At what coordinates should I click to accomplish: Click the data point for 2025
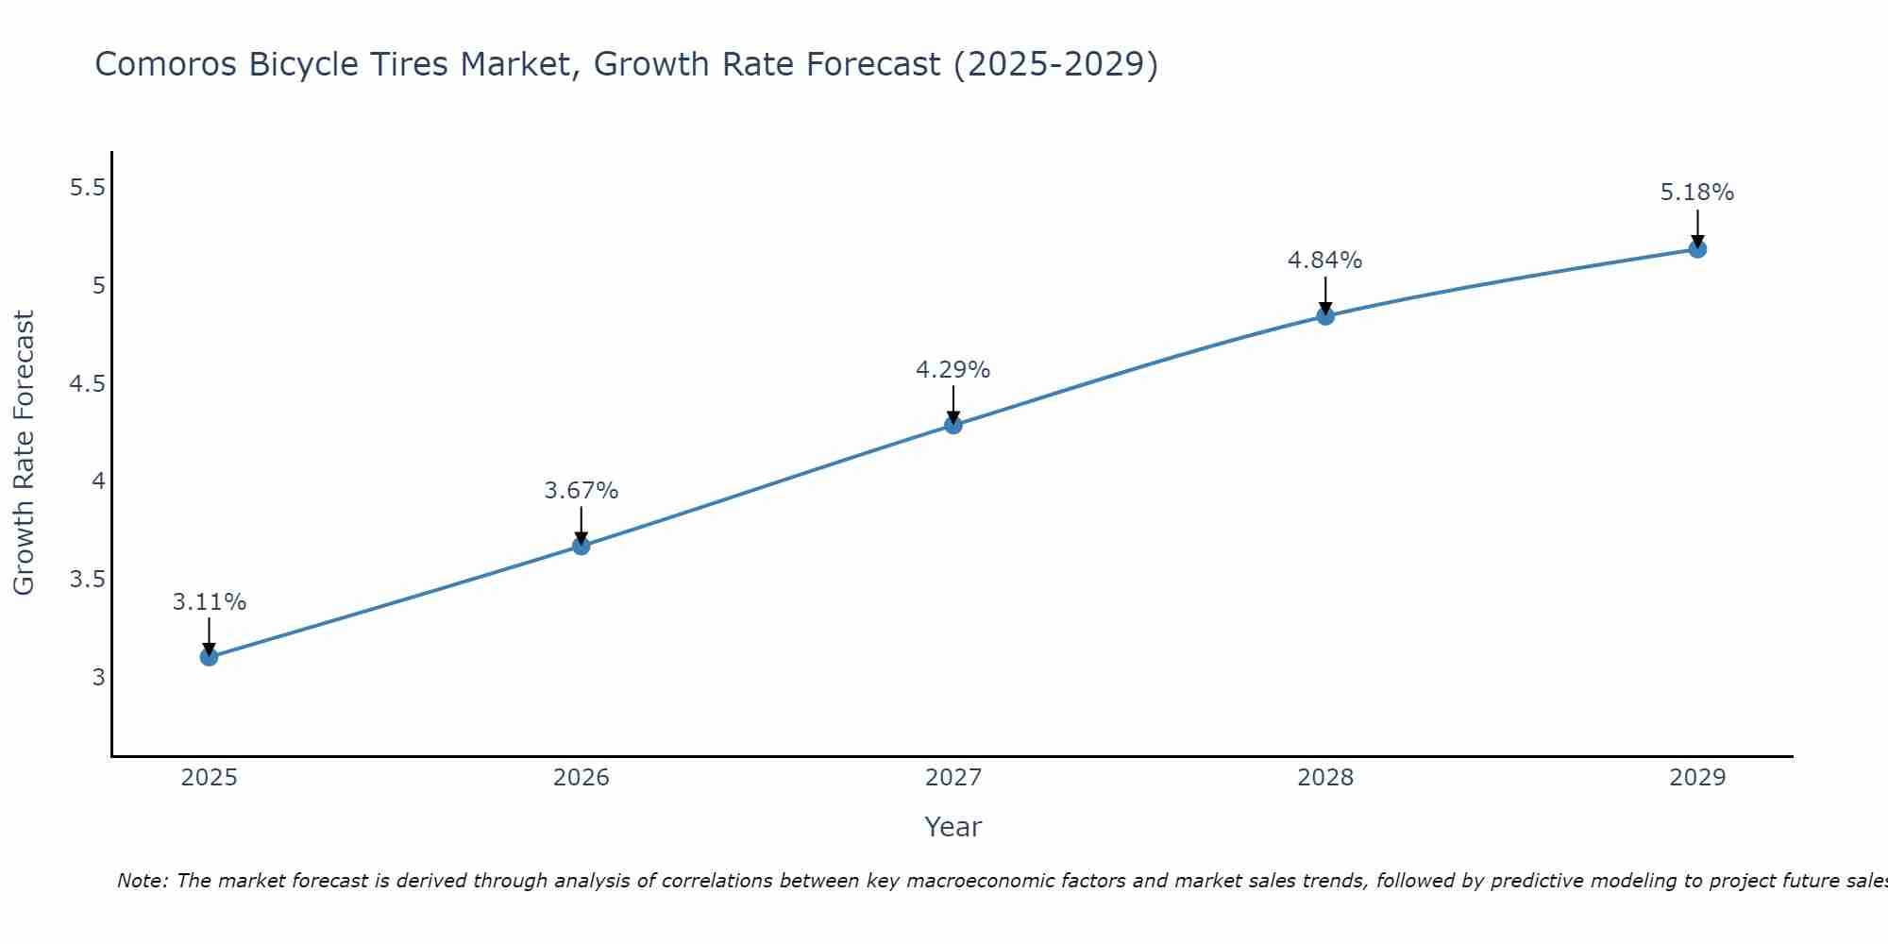[209, 657]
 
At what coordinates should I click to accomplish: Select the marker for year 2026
[581, 546]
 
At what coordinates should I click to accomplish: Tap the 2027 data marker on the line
[952, 425]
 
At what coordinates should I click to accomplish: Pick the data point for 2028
[1324, 316]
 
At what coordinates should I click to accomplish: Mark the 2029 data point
[1696, 249]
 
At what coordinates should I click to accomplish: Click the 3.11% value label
[209, 602]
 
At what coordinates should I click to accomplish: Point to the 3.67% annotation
[581, 491]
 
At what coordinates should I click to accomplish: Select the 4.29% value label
[952, 370]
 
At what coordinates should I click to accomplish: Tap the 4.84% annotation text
[1324, 261]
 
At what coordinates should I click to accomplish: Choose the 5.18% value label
[1696, 193]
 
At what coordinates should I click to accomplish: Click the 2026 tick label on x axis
[581, 778]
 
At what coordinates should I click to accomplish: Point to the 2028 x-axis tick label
[1324, 778]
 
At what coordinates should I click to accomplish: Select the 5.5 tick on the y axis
[87, 188]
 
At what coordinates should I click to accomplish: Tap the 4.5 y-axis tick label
[87, 384]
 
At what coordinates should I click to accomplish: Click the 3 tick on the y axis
[99, 677]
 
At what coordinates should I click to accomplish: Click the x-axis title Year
[952, 827]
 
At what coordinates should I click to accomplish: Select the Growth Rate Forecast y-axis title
[24, 453]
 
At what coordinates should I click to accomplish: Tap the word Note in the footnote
[141, 881]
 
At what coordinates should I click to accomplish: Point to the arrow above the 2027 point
[952, 404]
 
